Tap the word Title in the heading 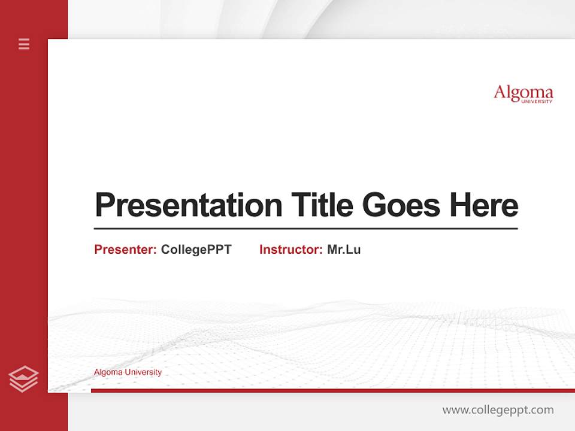(x=322, y=205)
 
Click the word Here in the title (x=484, y=205)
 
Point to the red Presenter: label (x=125, y=250)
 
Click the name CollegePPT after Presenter (x=196, y=250)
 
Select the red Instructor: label (x=290, y=250)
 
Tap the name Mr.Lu (x=344, y=250)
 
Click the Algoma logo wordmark (x=523, y=93)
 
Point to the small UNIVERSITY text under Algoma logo (x=537, y=102)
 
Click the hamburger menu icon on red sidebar (x=24, y=44)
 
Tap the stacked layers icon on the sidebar (x=23, y=379)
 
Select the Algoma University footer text (x=128, y=372)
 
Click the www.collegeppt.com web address (x=498, y=410)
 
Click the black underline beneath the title (x=305, y=228)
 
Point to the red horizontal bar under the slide (x=332, y=390)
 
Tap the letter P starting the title (x=103, y=205)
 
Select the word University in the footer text (x=143, y=372)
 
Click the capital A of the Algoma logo (x=500, y=93)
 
